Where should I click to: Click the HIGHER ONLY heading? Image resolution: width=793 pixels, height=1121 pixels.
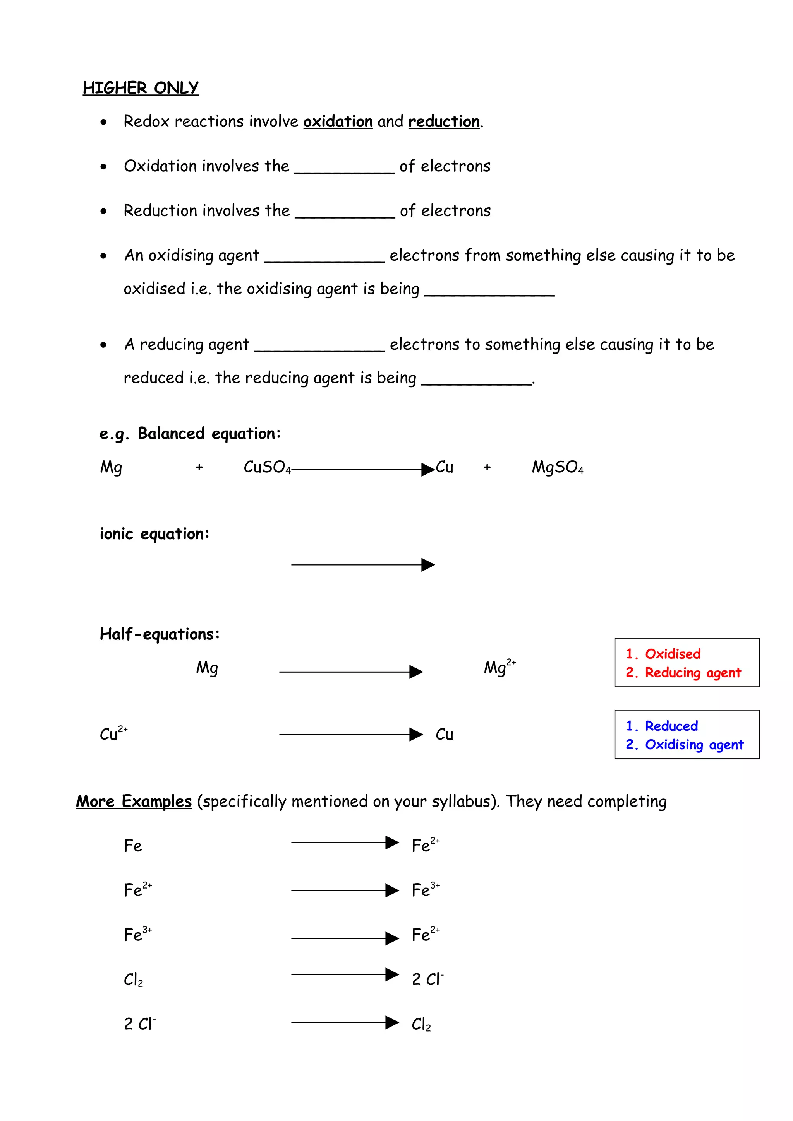click(140, 88)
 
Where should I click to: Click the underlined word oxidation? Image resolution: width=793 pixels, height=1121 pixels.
click(338, 121)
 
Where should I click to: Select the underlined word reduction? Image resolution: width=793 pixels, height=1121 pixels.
click(444, 121)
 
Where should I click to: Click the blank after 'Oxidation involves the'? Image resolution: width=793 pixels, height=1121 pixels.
click(345, 168)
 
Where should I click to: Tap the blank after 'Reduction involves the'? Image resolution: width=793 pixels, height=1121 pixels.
click(345, 213)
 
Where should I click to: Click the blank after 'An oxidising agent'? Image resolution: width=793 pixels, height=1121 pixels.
click(324, 257)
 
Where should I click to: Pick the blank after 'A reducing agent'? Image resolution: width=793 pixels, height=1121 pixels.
click(319, 347)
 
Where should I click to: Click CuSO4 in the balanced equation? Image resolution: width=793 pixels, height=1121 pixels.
click(267, 467)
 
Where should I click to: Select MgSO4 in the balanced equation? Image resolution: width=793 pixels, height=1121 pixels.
click(557, 467)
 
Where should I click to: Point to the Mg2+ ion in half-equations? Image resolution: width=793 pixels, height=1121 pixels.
click(499, 667)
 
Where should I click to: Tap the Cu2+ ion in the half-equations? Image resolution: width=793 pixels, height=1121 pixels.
click(113, 733)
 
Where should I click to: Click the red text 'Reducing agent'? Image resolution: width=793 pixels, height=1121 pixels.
click(692, 673)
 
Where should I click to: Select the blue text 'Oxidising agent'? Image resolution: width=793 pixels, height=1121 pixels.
click(694, 745)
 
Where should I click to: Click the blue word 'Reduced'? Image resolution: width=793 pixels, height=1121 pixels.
click(671, 726)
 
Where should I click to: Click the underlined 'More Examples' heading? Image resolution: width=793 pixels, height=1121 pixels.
click(134, 802)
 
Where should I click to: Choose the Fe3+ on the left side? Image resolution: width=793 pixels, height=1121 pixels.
click(137, 935)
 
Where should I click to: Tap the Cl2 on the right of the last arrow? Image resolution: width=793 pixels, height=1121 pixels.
click(421, 1024)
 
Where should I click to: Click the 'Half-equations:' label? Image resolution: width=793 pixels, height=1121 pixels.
click(159, 634)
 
